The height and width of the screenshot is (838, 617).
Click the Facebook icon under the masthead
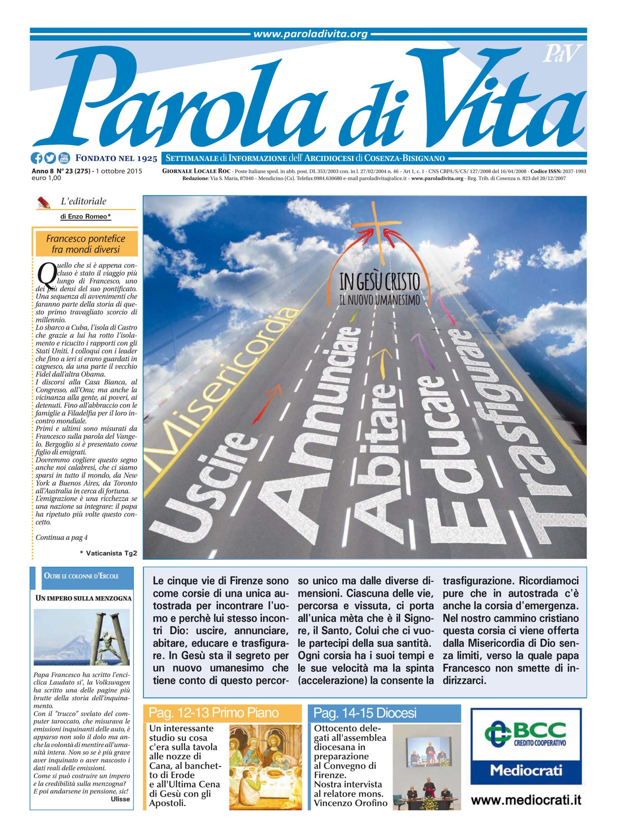(x=37, y=158)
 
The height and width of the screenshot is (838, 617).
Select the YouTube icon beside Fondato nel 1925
(x=64, y=158)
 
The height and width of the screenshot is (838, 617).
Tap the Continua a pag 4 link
(x=62, y=537)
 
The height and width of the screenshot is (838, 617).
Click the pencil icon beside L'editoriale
(x=44, y=203)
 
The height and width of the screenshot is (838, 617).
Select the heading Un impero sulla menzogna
(x=83, y=598)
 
